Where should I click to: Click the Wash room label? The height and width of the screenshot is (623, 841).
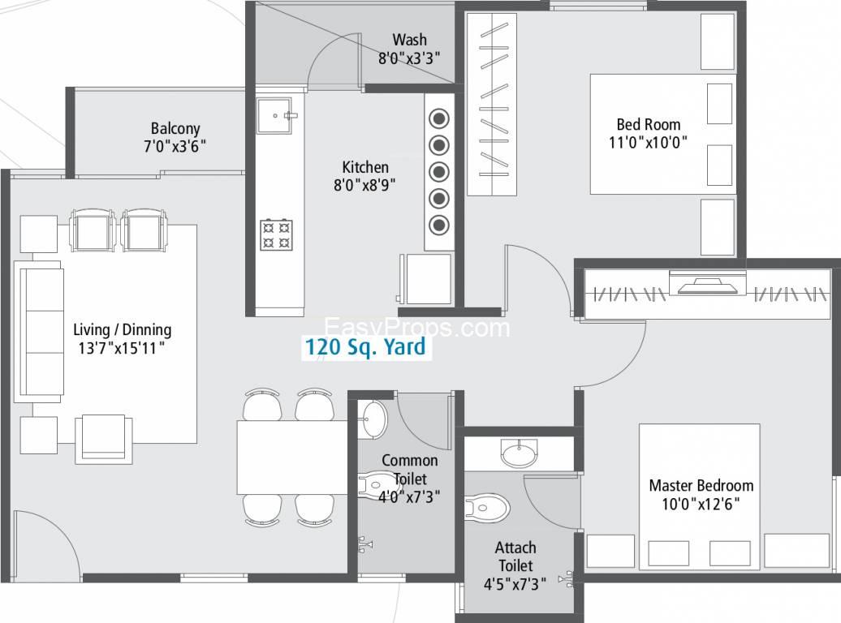[x=409, y=40]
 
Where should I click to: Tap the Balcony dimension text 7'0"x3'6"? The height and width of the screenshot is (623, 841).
[x=175, y=146]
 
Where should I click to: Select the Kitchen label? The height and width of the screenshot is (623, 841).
[x=365, y=167]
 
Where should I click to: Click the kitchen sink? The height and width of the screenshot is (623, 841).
[x=274, y=115]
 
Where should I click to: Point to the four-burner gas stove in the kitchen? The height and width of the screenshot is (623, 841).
[x=276, y=234]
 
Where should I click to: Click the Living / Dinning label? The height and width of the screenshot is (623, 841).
[x=123, y=329]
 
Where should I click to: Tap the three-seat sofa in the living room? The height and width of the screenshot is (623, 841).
[x=39, y=331]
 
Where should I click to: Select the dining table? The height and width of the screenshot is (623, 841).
[x=292, y=457]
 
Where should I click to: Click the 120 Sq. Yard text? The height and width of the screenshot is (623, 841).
[x=365, y=347]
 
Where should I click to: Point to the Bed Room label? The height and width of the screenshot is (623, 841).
[x=649, y=124]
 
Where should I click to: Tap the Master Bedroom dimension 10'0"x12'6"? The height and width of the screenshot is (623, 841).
[x=701, y=504]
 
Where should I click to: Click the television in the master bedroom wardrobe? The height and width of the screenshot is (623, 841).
[x=707, y=284]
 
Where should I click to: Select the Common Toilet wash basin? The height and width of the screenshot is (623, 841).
[x=373, y=419]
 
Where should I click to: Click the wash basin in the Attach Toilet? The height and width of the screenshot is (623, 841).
[x=520, y=453]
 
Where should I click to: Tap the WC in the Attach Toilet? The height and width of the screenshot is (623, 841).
[x=486, y=508]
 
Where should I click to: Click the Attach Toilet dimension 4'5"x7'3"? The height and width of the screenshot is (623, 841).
[x=515, y=584]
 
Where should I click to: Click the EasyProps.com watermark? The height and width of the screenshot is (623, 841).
[x=417, y=327]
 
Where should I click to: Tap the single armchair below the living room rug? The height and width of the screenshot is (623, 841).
[x=104, y=438]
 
